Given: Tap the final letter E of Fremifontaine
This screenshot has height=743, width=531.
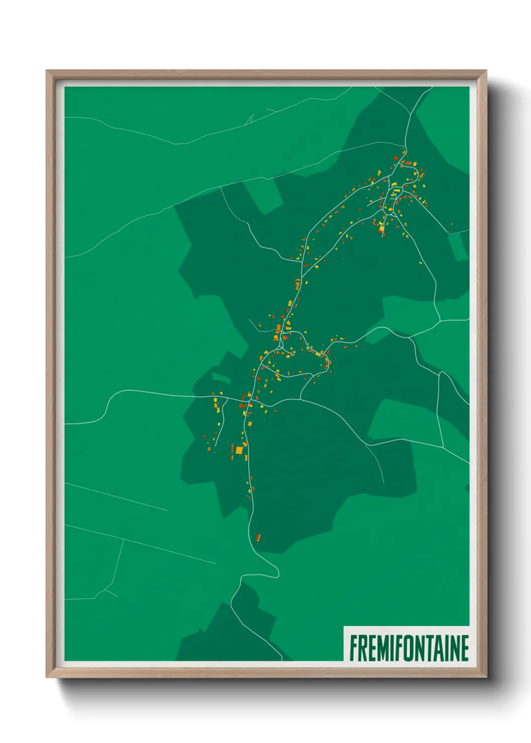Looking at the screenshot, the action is coord(464,648).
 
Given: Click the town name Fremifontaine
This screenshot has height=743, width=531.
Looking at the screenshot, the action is coord(409,648).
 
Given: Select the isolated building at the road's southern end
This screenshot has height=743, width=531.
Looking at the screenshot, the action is coord(258,538).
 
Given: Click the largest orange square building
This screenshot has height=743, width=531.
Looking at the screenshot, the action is coord(239,451).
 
